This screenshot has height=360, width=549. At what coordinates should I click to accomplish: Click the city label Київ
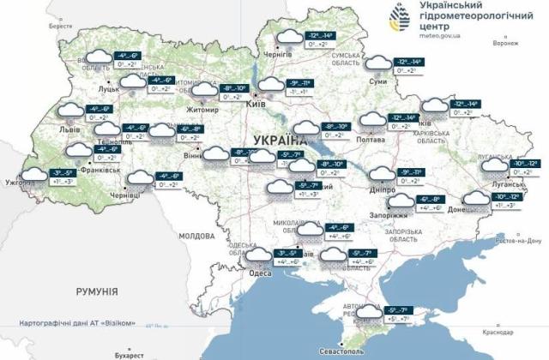pyautogui.click(x=255, y=103)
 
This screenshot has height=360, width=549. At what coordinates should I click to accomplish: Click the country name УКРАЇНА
pyautogui.click(x=280, y=140)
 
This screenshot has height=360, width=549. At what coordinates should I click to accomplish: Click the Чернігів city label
pyautogui.click(x=277, y=52)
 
